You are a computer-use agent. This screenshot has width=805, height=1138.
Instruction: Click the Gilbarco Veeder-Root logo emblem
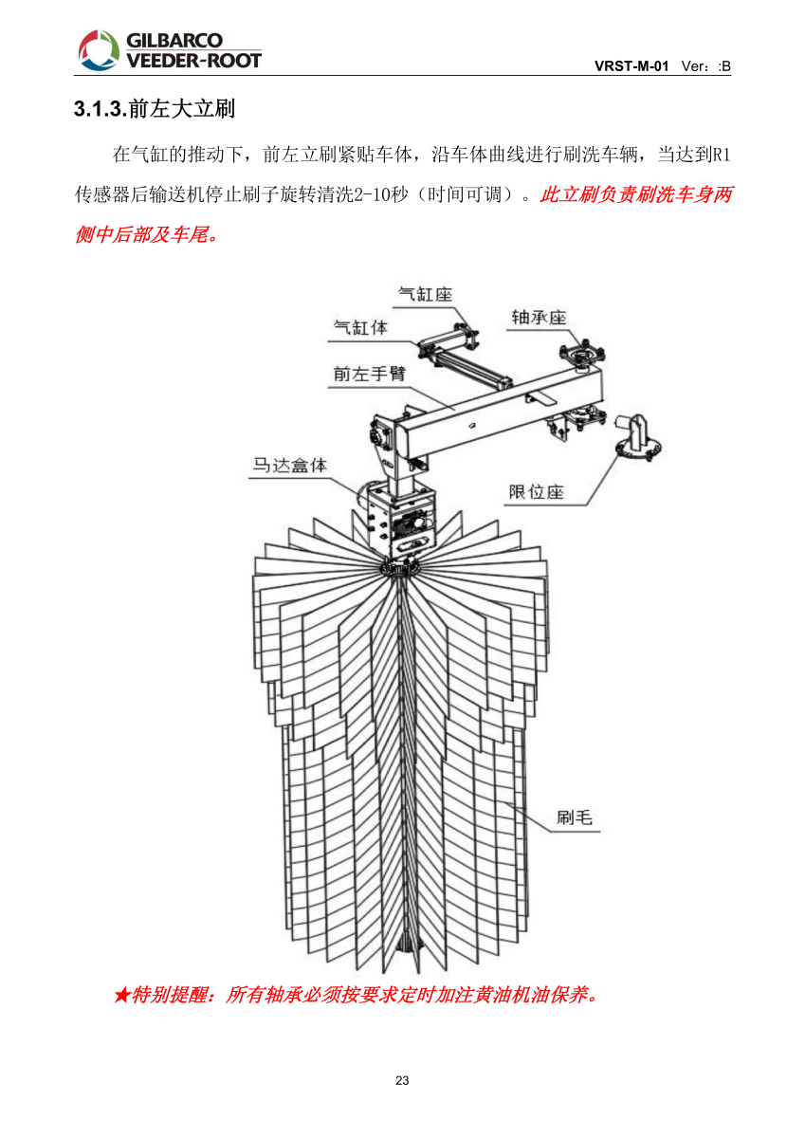click(x=96, y=49)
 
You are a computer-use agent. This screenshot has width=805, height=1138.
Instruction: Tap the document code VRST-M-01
click(x=631, y=66)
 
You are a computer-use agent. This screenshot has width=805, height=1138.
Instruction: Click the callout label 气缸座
click(x=425, y=295)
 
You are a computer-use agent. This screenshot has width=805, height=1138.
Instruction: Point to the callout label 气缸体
click(x=360, y=327)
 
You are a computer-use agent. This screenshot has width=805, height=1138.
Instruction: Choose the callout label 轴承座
click(x=539, y=317)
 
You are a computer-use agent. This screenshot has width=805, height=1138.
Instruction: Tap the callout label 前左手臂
click(x=369, y=374)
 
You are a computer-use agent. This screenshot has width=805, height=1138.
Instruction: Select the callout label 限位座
click(x=537, y=491)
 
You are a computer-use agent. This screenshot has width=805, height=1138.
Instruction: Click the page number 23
click(x=402, y=1081)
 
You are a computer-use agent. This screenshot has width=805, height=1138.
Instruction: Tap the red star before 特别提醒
click(x=121, y=996)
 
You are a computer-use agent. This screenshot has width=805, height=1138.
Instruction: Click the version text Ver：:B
click(x=706, y=66)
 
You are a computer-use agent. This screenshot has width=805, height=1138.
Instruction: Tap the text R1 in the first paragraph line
click(x=722, y=154)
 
